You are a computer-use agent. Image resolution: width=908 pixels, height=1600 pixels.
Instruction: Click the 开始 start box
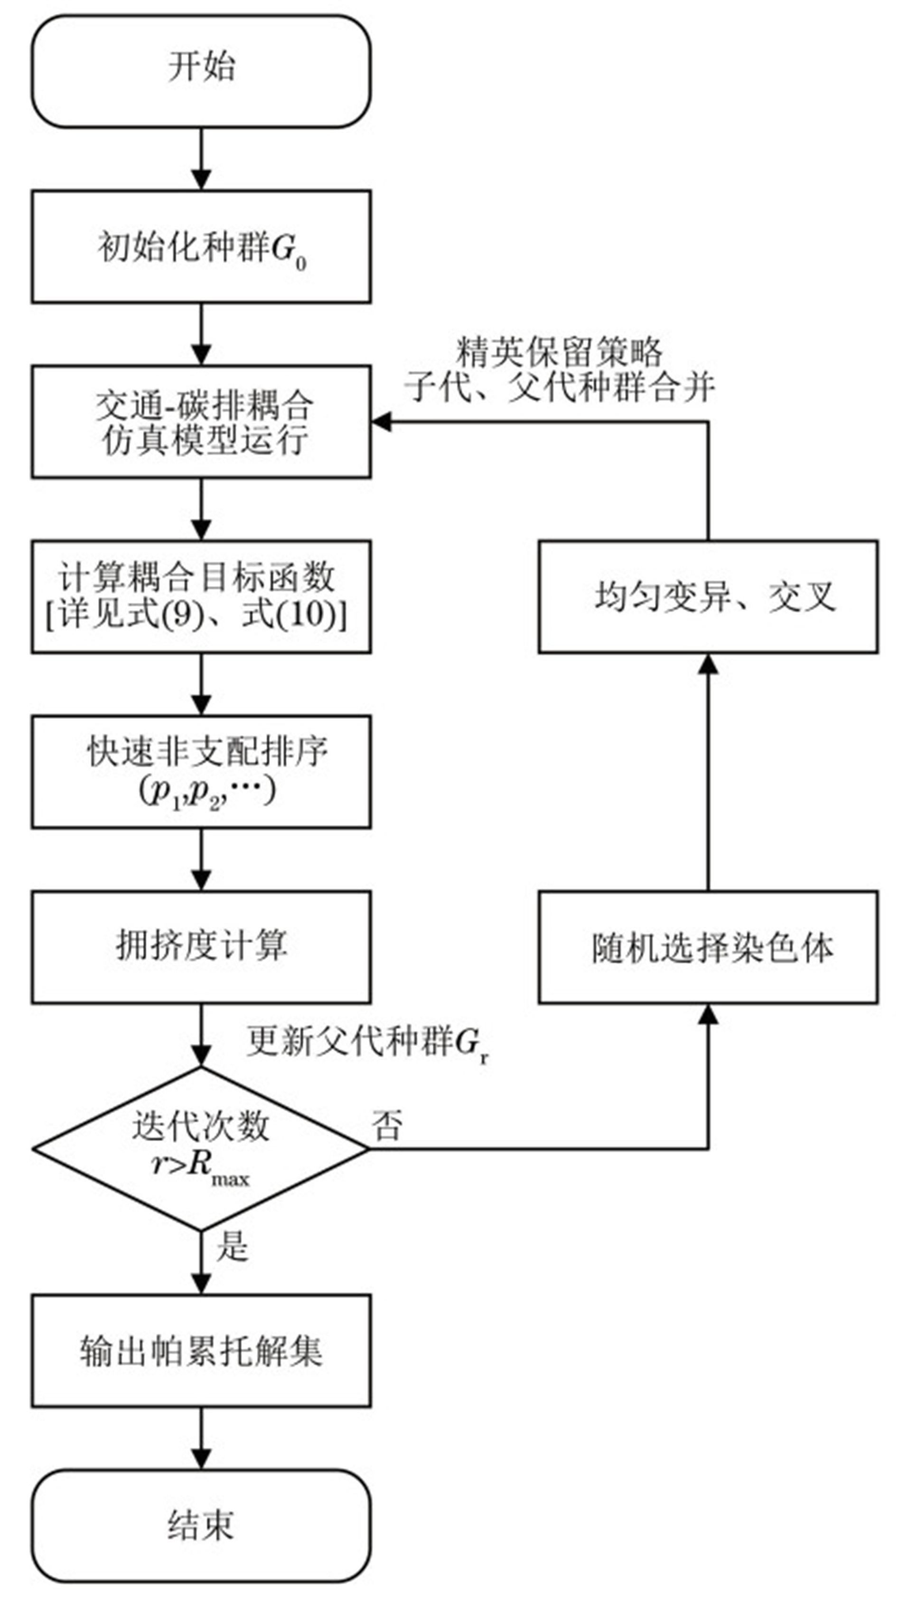click(x=201, y=72)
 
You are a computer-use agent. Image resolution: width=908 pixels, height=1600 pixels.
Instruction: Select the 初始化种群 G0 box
click(x=201, y=247)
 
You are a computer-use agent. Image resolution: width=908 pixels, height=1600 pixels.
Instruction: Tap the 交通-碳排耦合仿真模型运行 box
click(x=201, y=422)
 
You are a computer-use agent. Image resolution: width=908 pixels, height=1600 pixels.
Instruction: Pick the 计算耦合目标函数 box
click(x=201, y=597)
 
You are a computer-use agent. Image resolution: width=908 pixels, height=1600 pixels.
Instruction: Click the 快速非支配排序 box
click(x=201, y=772)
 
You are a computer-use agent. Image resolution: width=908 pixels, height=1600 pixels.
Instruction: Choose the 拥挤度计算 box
click(x=201, y=947)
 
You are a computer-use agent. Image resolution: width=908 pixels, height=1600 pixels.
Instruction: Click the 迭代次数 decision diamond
click(x=201, y=1148)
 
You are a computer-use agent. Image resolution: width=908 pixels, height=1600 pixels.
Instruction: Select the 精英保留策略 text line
click(x=560, y=352)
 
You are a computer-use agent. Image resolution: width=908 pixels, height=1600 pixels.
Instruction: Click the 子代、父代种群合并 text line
click(x=560, y=388)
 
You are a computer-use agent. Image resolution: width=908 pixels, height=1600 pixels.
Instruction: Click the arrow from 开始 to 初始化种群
click(x=201, y=159)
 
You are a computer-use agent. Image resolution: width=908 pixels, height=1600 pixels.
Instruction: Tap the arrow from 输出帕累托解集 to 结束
click(x=201, y=1439)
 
